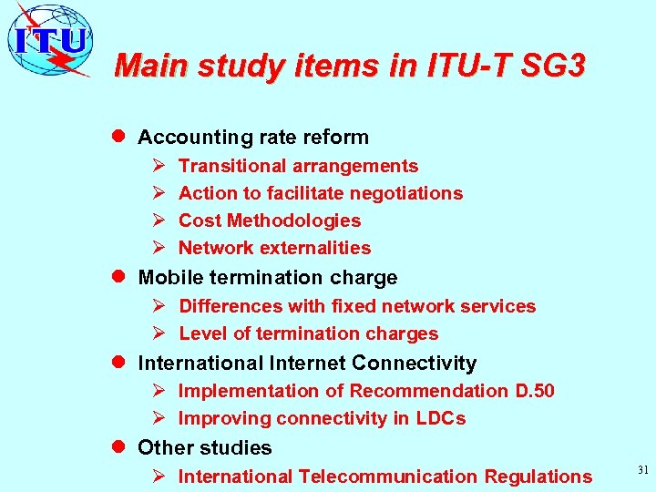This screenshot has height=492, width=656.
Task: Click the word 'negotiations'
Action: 407,193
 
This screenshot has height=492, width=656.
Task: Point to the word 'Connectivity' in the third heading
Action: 414,364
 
